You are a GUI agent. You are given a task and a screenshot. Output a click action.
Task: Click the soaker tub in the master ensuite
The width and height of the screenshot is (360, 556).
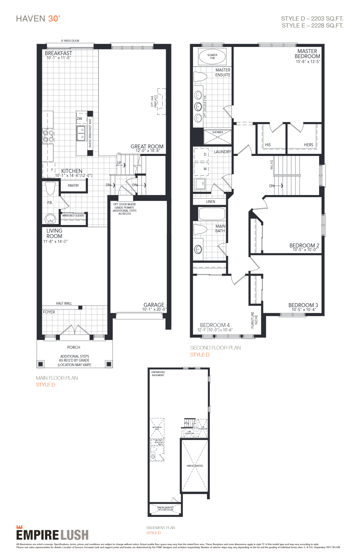coord(212,56)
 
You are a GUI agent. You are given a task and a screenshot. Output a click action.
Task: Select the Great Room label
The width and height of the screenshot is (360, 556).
coord(147,147)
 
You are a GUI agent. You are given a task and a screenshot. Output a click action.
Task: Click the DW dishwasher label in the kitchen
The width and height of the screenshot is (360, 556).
coord(79,119)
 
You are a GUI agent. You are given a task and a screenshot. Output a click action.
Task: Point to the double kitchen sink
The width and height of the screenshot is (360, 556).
coord(81,133)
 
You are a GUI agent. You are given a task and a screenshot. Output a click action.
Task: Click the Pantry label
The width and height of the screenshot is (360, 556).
coord(73,186)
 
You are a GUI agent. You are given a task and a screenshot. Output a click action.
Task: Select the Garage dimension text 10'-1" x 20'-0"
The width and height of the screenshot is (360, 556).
coord(154,309)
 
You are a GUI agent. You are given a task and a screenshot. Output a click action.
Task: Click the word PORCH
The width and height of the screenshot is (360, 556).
coord(74,347)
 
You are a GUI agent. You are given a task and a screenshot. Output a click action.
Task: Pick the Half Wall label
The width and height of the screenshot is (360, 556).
coord(64,303)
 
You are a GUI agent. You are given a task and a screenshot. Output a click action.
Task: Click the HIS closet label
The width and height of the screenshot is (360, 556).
coord(268,145)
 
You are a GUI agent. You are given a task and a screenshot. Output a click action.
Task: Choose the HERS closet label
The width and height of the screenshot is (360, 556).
coord(308,145)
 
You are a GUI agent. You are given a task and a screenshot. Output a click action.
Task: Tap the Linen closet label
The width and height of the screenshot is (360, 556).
coord(211,202)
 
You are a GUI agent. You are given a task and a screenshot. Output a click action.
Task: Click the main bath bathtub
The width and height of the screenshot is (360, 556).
coord(212,214)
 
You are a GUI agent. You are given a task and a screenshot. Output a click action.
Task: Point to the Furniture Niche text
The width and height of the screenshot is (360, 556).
coord(254,320)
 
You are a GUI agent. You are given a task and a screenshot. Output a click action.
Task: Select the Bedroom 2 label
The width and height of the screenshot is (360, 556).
coord(304,246)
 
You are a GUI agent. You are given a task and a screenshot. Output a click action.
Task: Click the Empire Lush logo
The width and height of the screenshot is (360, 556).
coord(52,534)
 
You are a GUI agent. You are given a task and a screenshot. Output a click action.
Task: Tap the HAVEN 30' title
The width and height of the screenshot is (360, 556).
coord(38,19)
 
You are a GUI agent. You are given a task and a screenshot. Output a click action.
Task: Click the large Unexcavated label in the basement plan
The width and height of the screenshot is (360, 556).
coord(195,466)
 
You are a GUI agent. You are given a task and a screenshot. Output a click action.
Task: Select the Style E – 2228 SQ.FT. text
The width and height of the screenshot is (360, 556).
coord(312,26)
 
